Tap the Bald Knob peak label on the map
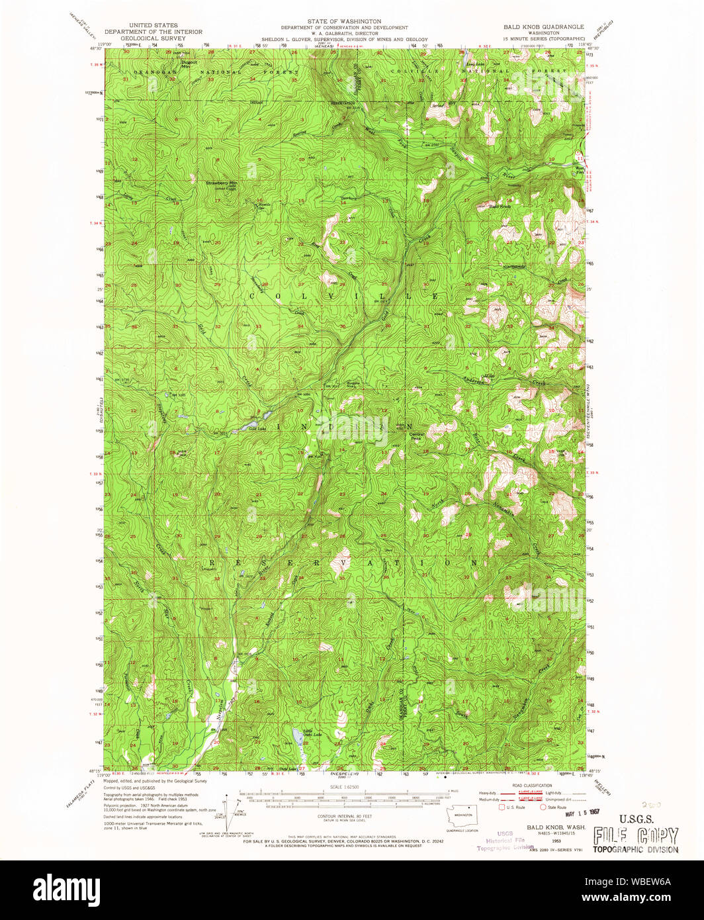(x=500, y=207)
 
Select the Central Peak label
(x=416, y=436)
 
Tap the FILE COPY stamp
(x=635, y=835)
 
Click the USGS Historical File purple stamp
(x=505, y=840)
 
